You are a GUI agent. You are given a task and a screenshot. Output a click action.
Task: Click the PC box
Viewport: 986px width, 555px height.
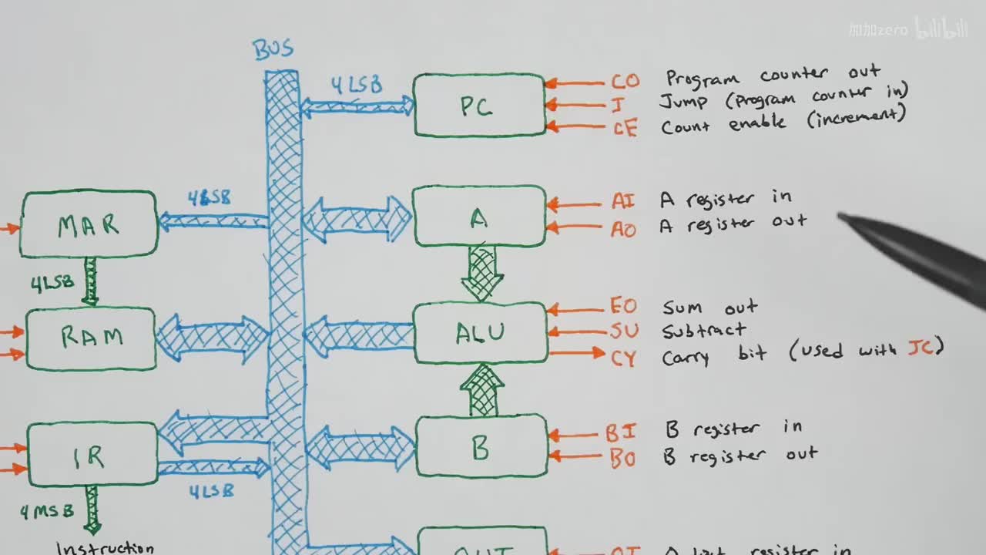click(x=479, y=106)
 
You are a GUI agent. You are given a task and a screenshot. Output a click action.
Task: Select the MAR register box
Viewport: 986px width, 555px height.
click(x=89, y=224)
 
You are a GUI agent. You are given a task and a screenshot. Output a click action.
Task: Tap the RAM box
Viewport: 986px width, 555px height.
click(x=91, y=338)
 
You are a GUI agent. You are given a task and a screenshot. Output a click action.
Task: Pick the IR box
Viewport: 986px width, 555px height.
click(x=92, y=456)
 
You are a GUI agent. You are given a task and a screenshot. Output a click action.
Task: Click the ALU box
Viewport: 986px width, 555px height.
click(x=480, y=332)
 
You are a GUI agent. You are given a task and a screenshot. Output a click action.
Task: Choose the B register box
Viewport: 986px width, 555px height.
click(x=481, y=447)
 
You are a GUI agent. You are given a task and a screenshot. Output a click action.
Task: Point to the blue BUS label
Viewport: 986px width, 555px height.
click(x=273, y=49)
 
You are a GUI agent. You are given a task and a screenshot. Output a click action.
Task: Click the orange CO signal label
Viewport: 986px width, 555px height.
click(x=625, y=82)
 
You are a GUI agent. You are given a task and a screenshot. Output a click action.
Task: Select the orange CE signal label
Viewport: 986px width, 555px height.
click(x=625, y=128)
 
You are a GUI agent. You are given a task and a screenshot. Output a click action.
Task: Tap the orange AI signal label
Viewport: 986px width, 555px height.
click(x=624, y=202)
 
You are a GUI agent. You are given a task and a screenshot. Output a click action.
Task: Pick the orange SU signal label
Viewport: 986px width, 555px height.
click(x=624, y=332)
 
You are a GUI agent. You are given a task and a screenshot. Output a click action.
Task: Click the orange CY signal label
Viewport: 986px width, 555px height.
click(x=624, y=358)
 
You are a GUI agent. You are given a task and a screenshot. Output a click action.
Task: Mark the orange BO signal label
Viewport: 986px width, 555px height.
click(x=622, y=459)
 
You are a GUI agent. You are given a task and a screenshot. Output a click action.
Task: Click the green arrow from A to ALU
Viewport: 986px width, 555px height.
click(x=482, y=274)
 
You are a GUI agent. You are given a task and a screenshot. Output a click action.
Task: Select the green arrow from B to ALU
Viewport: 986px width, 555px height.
click(x=482, y=391)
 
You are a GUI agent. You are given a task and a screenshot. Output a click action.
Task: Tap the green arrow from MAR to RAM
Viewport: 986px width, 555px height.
click(x=91, y=281)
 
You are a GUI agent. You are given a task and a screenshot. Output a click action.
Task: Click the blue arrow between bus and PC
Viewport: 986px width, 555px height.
click(x=357, y=106)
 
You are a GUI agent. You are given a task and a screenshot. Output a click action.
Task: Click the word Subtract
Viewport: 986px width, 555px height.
click(x=704, y=331)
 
